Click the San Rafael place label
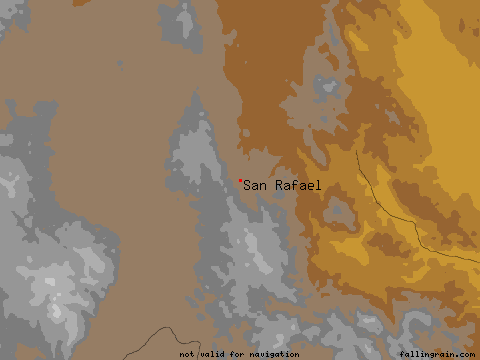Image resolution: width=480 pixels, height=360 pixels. click(x=284, y=185)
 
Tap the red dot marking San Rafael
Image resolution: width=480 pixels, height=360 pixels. click(x=241, y=181)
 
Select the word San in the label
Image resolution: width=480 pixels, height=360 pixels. click(x=258, y=185)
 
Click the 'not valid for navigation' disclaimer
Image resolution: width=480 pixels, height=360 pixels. click(x=239, y=354)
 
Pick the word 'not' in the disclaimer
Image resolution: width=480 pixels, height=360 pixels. click(x=188, y=354)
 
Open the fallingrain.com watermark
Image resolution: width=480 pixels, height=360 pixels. click(x=436, y=354)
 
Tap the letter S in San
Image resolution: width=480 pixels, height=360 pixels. click(x=249, y=185)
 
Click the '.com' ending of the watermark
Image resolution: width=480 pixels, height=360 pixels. click(x=464, y=354)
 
